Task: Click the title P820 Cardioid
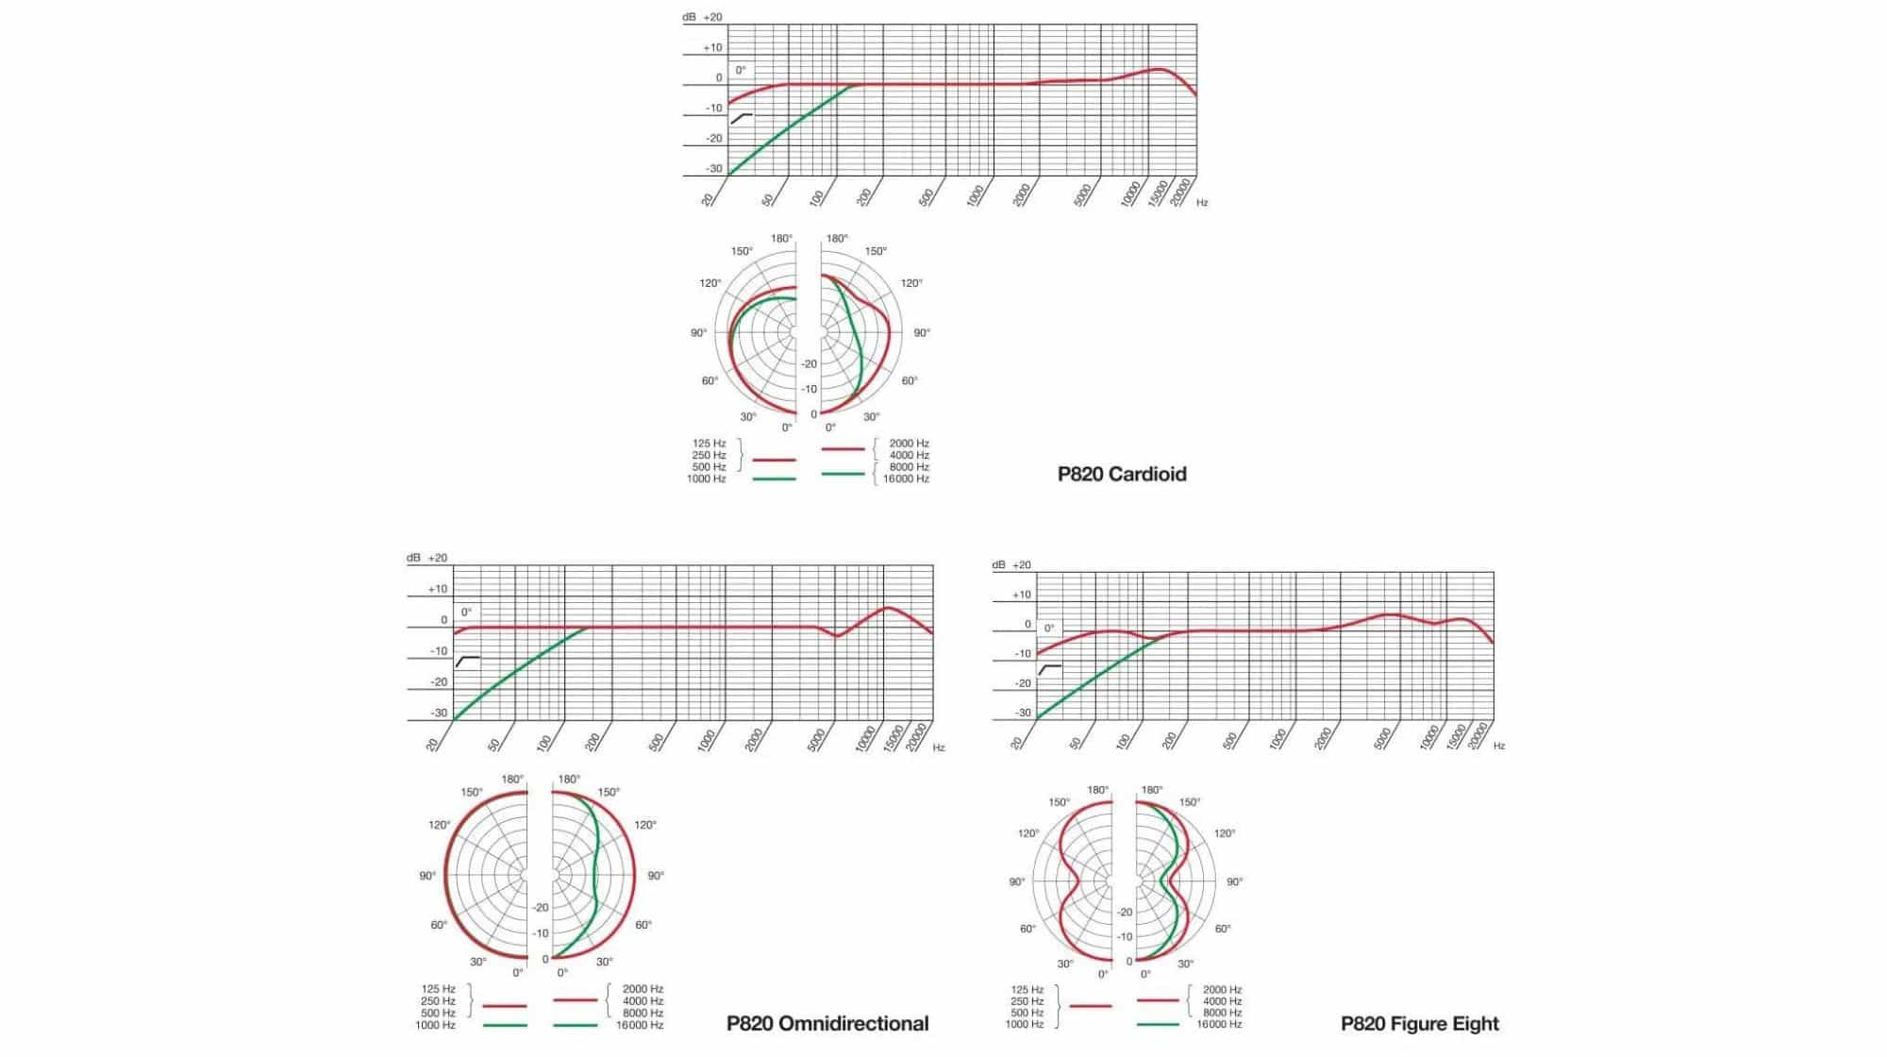1121,474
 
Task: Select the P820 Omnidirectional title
827,1023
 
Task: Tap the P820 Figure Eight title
1419,1023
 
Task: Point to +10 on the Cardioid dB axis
712,47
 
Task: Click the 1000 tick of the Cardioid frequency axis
976,194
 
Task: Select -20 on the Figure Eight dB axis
1023,682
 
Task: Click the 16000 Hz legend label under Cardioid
906,478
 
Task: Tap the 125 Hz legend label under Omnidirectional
438,989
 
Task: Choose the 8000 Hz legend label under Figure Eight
1222,1013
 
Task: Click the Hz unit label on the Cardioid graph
1202,203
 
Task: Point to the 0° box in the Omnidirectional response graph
466,612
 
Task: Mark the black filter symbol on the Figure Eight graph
1050,668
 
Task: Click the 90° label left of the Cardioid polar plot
698,332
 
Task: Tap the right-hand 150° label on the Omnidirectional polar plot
609,792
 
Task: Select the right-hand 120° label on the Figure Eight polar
1224,833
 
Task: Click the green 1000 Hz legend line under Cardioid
774,478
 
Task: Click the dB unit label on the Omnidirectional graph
413,558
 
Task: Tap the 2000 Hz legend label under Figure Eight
1222,990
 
